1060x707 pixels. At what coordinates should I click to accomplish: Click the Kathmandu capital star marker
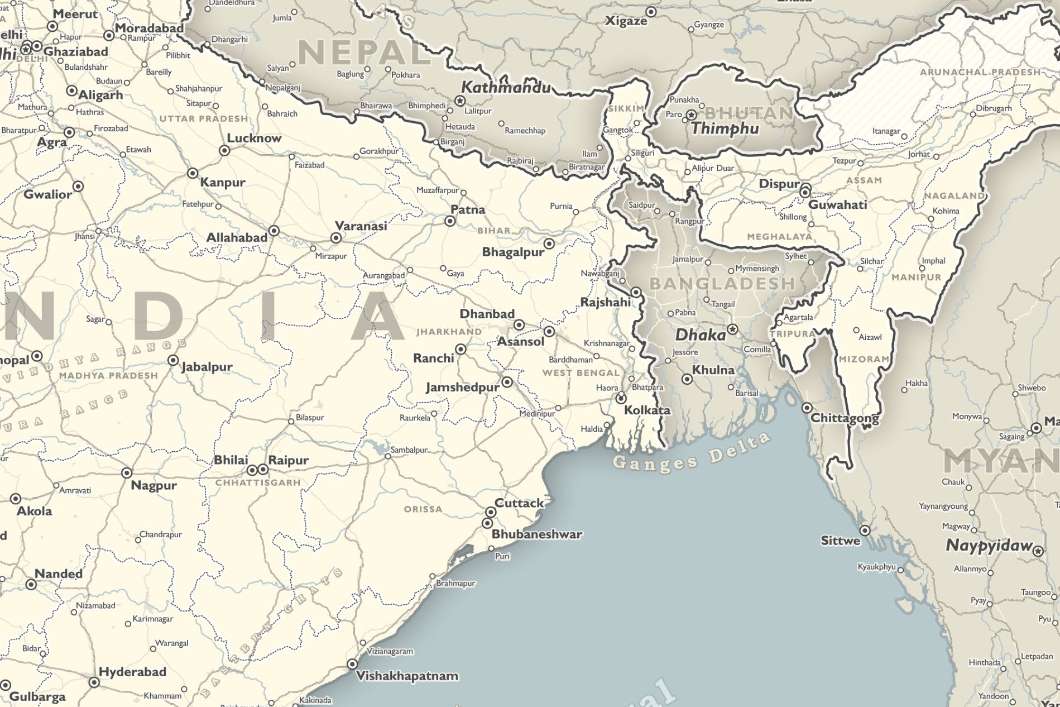[460, 101]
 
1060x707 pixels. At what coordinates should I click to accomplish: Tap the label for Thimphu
[725, 129]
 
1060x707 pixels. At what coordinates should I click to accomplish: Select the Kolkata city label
[647, 410]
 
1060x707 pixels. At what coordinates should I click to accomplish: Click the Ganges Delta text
[691, 453]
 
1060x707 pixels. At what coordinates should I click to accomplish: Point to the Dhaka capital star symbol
[732, 329]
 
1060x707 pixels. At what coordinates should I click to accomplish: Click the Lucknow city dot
[224, 150]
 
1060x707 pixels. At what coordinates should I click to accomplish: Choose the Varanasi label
[361, 226]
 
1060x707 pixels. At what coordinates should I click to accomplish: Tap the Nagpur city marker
[127, 472]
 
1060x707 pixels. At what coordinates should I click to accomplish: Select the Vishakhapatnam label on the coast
[407, 676]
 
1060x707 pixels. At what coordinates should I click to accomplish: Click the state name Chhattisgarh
[258, 483]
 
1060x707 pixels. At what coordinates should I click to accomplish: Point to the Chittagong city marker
[807, 408]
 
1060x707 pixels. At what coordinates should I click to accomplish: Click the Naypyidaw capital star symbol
[1038, 551]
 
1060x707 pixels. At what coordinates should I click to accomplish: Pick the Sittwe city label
[840, 541]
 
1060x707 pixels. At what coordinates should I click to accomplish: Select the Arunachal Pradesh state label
[980, 72]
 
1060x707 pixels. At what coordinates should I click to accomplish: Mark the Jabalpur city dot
[173, 360]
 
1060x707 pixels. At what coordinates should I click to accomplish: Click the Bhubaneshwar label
[536, 534]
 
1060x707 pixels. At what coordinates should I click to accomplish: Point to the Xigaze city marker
[651, 12]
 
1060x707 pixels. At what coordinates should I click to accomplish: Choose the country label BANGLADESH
[722, 284]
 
